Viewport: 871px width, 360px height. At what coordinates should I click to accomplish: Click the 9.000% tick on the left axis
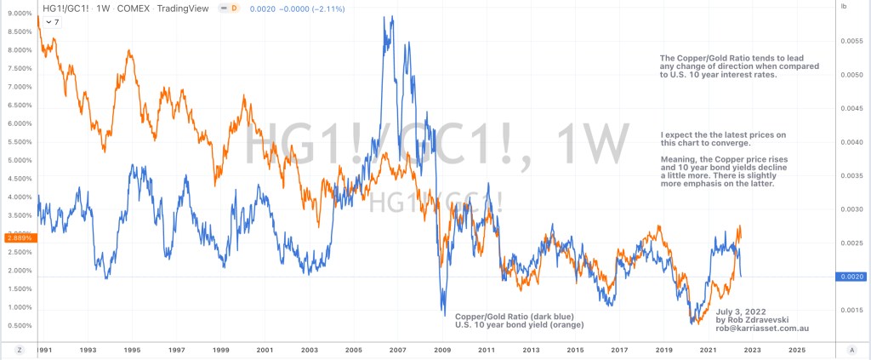18,13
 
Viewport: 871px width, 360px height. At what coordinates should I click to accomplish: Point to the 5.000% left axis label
18,160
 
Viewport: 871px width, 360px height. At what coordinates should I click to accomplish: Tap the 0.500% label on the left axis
18,326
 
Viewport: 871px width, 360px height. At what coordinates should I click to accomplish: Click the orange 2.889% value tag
18,238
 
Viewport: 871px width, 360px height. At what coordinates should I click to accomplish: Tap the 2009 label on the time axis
442,349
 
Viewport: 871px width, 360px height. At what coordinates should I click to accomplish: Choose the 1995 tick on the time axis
132,349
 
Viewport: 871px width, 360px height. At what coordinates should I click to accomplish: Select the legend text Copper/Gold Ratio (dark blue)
515,316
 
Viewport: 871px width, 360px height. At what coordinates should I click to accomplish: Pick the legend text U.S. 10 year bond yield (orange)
520,325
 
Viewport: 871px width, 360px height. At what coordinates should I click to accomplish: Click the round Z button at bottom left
18,349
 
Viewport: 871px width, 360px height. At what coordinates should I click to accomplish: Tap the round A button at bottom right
851,349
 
